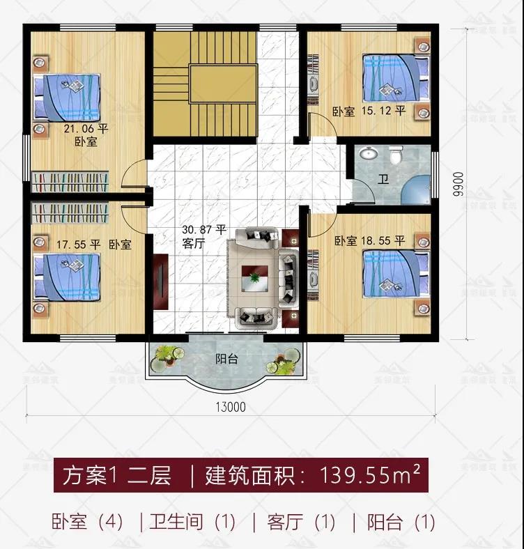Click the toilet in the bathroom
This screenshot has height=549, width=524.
coord(396,155)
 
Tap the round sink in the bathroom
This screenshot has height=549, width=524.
coord(368,153)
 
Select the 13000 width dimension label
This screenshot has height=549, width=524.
coord(231,407)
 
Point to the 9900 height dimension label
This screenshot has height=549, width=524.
coord(457,184)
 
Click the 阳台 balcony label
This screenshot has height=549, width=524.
coord(226,359)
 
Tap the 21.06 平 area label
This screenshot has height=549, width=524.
coord(86,129)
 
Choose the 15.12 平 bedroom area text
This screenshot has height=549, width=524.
coord(383,111)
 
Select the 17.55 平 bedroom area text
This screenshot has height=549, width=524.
coord(79,245)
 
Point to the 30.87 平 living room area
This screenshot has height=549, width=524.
coord(204,230)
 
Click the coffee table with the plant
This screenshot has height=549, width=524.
coord(254,278)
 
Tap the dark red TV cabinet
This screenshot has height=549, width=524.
coord(161,281)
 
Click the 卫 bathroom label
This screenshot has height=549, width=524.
coord(383,180)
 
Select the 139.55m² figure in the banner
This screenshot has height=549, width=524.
coord(370,474)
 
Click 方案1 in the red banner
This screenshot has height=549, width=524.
coord(90,475)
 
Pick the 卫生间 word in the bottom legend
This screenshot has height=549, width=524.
coord(176,522)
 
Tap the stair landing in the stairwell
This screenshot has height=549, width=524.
coord(224,84)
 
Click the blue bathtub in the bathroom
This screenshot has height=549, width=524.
coord(415,190)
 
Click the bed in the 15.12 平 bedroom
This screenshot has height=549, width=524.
coord(396,78)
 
